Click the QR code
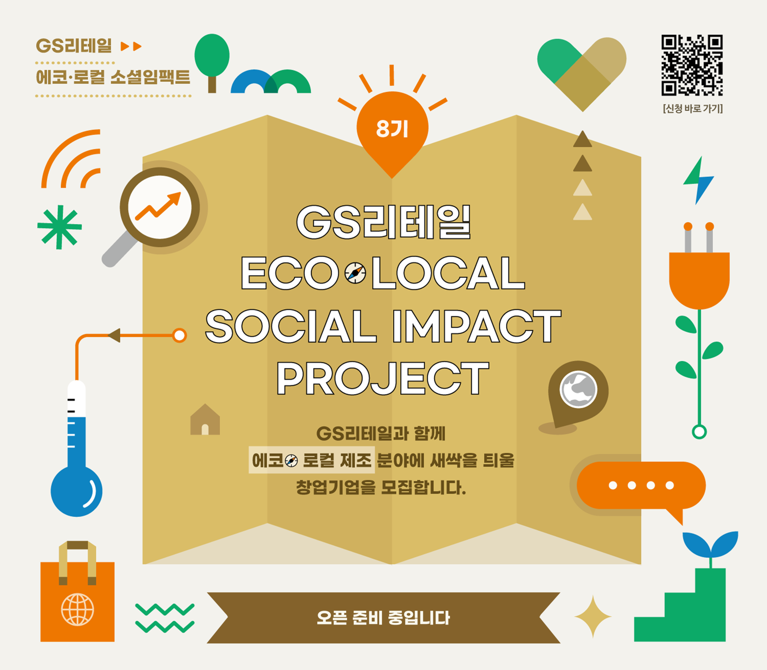point(692,65)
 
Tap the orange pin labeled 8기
point(392,132)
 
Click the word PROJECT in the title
point(383,378)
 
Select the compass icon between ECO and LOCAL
point(355,273)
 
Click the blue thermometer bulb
point(76,491)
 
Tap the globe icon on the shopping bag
point(77,609)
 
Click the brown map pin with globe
point(578,391)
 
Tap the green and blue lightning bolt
point(698,180)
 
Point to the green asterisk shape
point(60,227)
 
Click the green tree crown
point(212,55)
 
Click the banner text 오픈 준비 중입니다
point(383,618)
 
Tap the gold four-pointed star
point(593,617)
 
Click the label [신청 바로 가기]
point(693,109)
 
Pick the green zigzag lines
point(165,618)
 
